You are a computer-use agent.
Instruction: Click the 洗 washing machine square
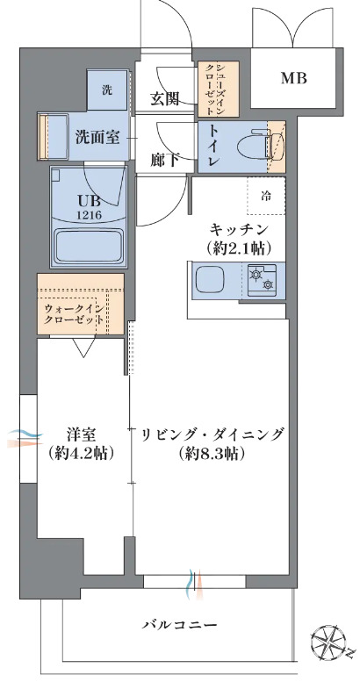[x=107, y=89]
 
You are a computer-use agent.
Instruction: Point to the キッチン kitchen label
[x=237, y=229]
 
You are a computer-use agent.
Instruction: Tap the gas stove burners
[x=262, y=280]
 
